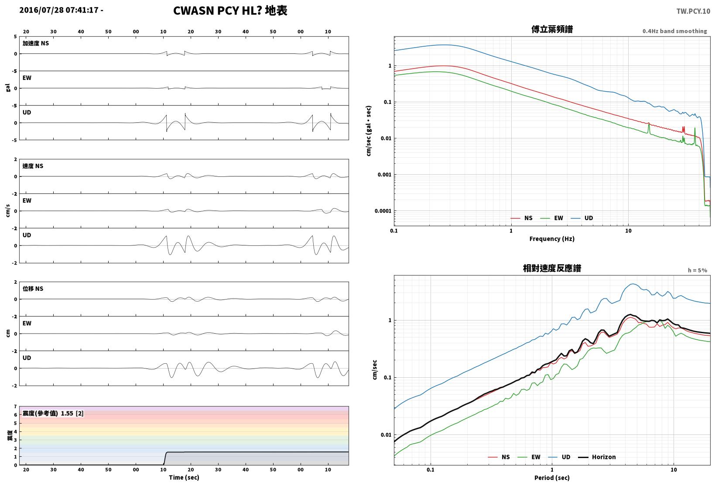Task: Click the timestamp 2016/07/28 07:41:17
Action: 59,10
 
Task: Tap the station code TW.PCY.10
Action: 693,11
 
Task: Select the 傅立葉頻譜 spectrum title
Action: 552,29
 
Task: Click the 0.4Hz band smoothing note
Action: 674,31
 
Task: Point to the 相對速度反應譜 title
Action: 552,268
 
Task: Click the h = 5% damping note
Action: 697,270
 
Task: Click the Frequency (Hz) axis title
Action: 552,239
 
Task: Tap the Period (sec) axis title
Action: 552,478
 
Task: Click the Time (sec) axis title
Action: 184,477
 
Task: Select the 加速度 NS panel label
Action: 36,43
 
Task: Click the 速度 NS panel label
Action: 33,166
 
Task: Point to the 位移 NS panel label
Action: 33,289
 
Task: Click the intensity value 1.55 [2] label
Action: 72,413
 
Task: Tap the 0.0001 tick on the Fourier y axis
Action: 383,211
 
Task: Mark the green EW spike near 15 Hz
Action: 649,128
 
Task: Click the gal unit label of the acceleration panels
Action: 8,88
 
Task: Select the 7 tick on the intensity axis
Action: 15,407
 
